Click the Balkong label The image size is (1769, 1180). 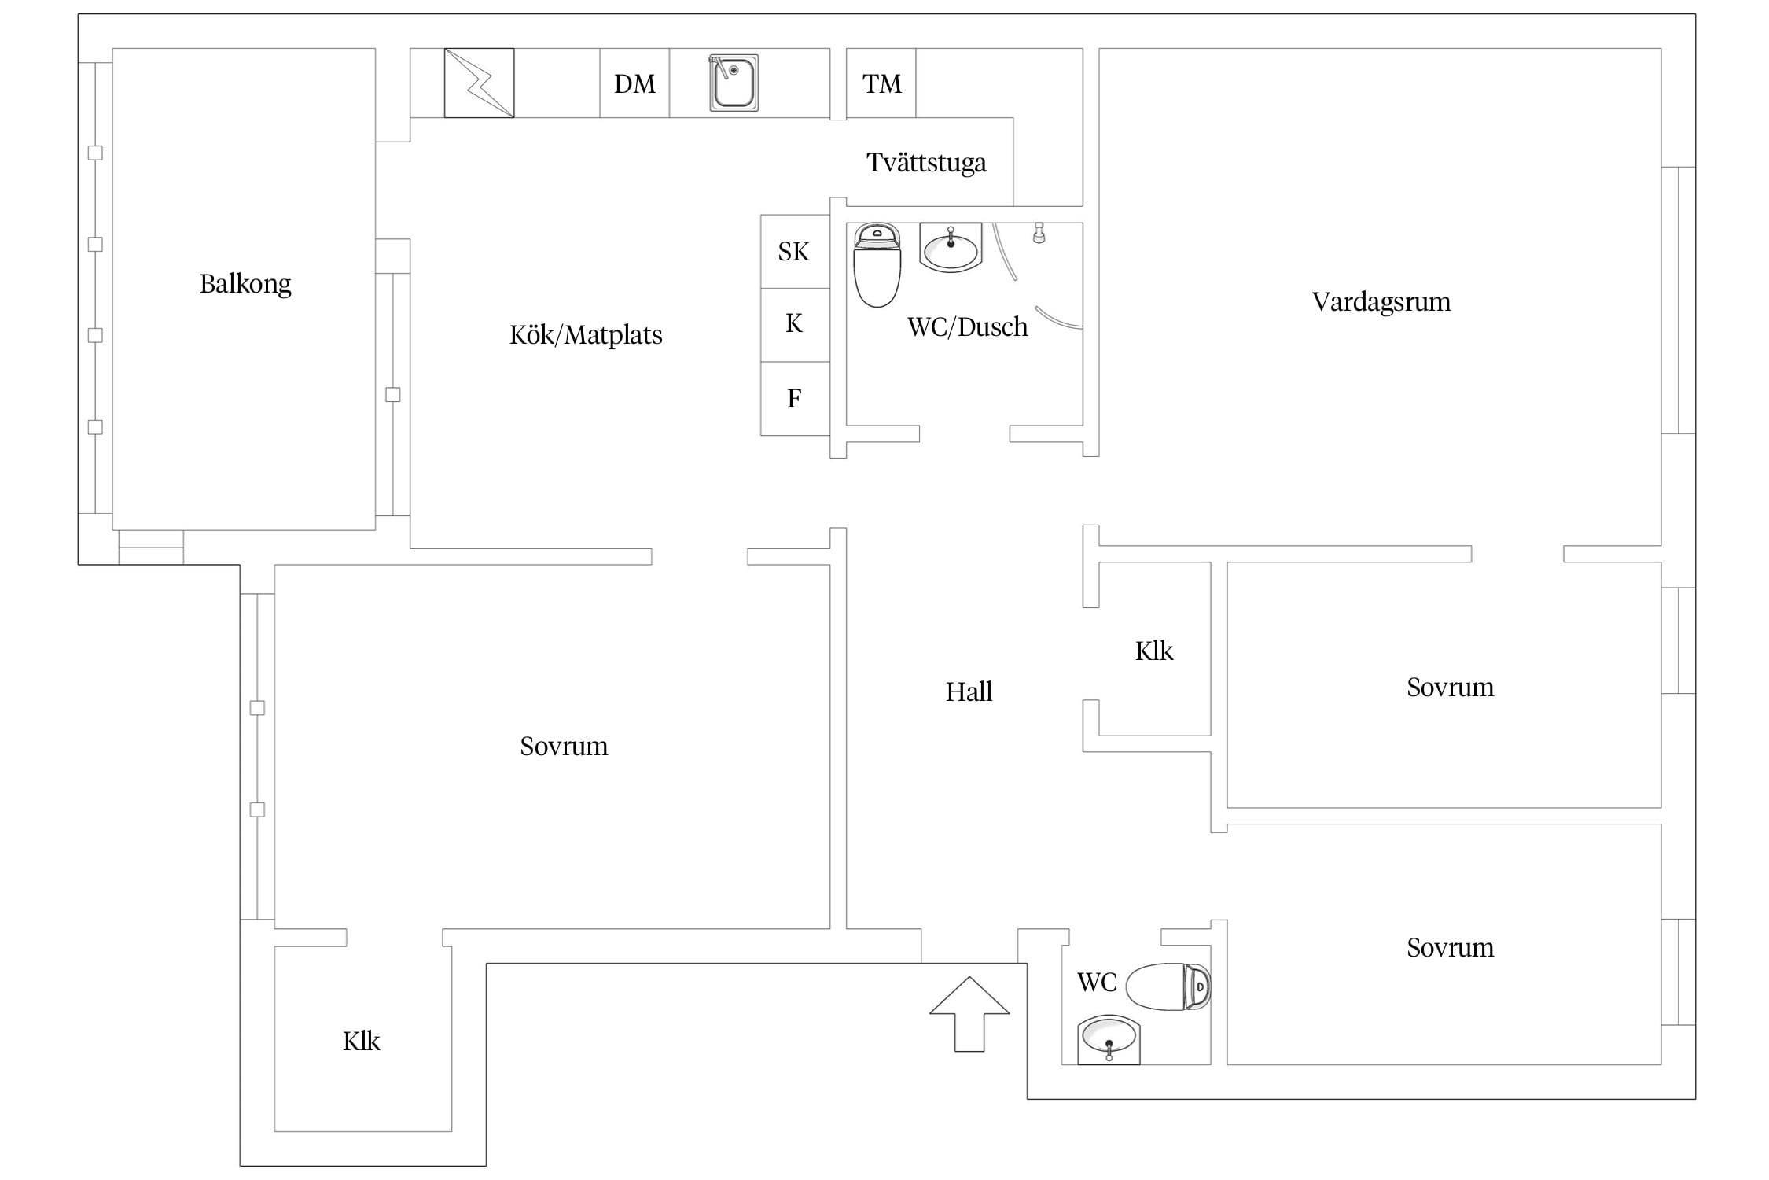[x=245, y=284]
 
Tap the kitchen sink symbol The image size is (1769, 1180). [x=734, y=83]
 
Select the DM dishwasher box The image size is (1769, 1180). [x=634, y=83]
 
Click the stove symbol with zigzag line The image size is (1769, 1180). [x=479, y=83]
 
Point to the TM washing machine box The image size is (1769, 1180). [x=881, y=83]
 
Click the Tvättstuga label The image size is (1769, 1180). [x=926, y=163]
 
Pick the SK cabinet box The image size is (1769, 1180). [x=795, y=252]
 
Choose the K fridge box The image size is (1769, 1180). [x=795, y=325]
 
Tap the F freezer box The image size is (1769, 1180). [x=795, y=399]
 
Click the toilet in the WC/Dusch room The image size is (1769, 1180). [x=877, y=265]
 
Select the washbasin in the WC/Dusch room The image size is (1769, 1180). [x=951, y=248]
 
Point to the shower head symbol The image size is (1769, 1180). [x=1039, y=233]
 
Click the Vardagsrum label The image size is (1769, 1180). [x=1381, y=302]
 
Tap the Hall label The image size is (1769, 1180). [x=969, y=692]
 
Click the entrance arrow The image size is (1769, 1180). [x=969, y=1014]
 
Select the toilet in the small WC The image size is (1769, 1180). [x=1168, y=986]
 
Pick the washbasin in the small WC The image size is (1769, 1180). [x=1109, y=1040]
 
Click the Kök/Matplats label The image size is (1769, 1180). [x=586, y=335]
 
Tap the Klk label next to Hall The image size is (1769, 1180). [x=1154, y=651]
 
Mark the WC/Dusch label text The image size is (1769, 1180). [x=967, y=327]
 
